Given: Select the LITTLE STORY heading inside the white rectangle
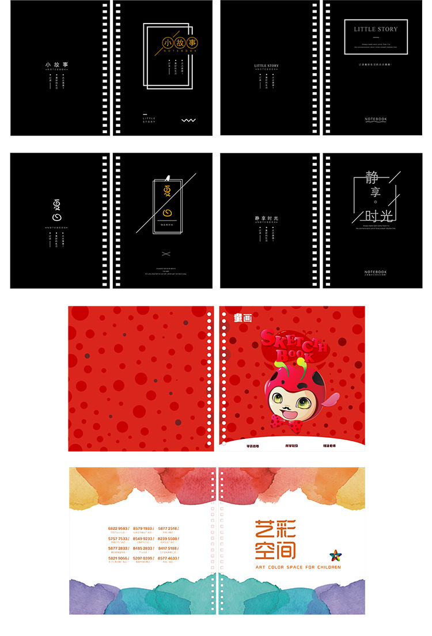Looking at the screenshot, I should [376, 29].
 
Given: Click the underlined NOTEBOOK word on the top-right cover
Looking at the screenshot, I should [376, 119].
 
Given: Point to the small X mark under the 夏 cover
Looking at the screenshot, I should [166, 253].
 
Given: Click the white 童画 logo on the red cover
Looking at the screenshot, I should [242, 317].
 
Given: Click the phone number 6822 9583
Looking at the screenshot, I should [118, 528].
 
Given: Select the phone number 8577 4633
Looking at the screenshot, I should [168, 558].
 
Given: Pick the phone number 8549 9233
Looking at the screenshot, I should [143, 539].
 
